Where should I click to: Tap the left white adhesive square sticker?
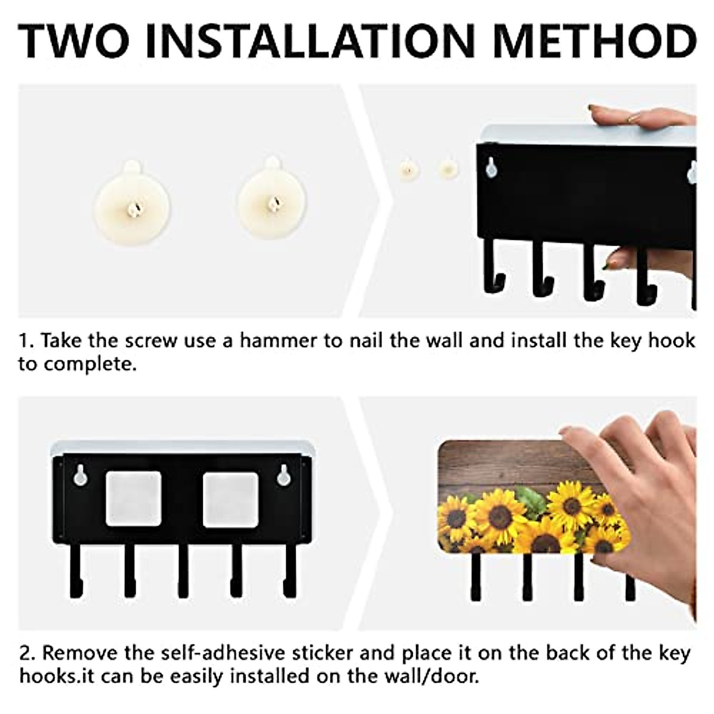coord(133,499)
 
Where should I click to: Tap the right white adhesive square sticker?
coord(230,499)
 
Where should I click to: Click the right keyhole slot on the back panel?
coord(284,474)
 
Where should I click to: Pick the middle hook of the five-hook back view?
coord(183,571)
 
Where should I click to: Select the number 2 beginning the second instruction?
coord(26,653)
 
